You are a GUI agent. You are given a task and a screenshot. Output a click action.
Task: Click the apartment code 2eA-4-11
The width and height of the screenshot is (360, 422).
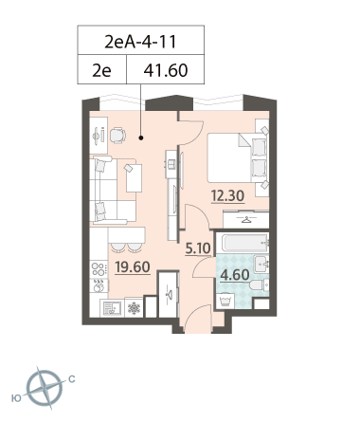(x=140, y=42)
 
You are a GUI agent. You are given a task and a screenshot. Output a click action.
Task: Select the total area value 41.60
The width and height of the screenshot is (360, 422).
(x=166, y=70)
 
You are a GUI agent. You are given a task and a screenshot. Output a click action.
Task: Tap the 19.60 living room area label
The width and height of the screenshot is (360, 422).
(x=133, y=267)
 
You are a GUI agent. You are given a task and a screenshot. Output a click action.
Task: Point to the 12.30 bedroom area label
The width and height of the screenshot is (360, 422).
(x=227, y=196)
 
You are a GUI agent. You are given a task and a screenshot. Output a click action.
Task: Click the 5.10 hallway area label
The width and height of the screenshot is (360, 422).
(x=198, y=248)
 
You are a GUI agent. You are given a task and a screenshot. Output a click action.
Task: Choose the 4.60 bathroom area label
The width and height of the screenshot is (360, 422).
(x=235, y=275)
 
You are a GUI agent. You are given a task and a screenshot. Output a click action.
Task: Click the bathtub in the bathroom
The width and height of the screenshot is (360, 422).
(x=245, y=243)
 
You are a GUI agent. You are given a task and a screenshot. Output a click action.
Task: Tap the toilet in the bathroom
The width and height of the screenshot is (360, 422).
(x=260, y=285)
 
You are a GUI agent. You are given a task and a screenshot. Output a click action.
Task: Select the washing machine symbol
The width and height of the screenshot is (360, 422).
(x=225, y=302)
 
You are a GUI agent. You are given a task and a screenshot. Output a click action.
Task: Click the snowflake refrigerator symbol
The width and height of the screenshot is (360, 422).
(x=134, y=307)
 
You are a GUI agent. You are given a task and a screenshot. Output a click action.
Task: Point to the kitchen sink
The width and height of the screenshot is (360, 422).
(x=111, y=308)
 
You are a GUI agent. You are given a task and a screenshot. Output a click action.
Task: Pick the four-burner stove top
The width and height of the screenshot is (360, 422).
(x=99, y=269)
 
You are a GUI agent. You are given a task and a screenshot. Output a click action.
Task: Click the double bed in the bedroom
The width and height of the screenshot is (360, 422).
(x=238, y=157)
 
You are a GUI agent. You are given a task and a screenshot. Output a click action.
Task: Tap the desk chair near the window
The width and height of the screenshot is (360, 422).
(x=117, y=136)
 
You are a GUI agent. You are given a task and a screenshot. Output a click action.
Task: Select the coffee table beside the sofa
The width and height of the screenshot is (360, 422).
(x=134, y=178)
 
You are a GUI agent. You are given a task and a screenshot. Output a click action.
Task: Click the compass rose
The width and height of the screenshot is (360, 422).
(x=45, y=388)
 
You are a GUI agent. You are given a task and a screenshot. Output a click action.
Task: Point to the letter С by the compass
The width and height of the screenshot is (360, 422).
(x=72, y=379)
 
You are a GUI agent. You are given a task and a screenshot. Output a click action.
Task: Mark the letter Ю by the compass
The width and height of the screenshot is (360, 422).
(x=16, y=398)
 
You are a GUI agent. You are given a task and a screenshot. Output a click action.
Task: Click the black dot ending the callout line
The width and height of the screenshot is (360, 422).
(x=141, y=138)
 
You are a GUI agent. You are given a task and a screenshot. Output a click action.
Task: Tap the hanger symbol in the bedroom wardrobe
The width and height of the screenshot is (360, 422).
(x=246, y=219)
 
